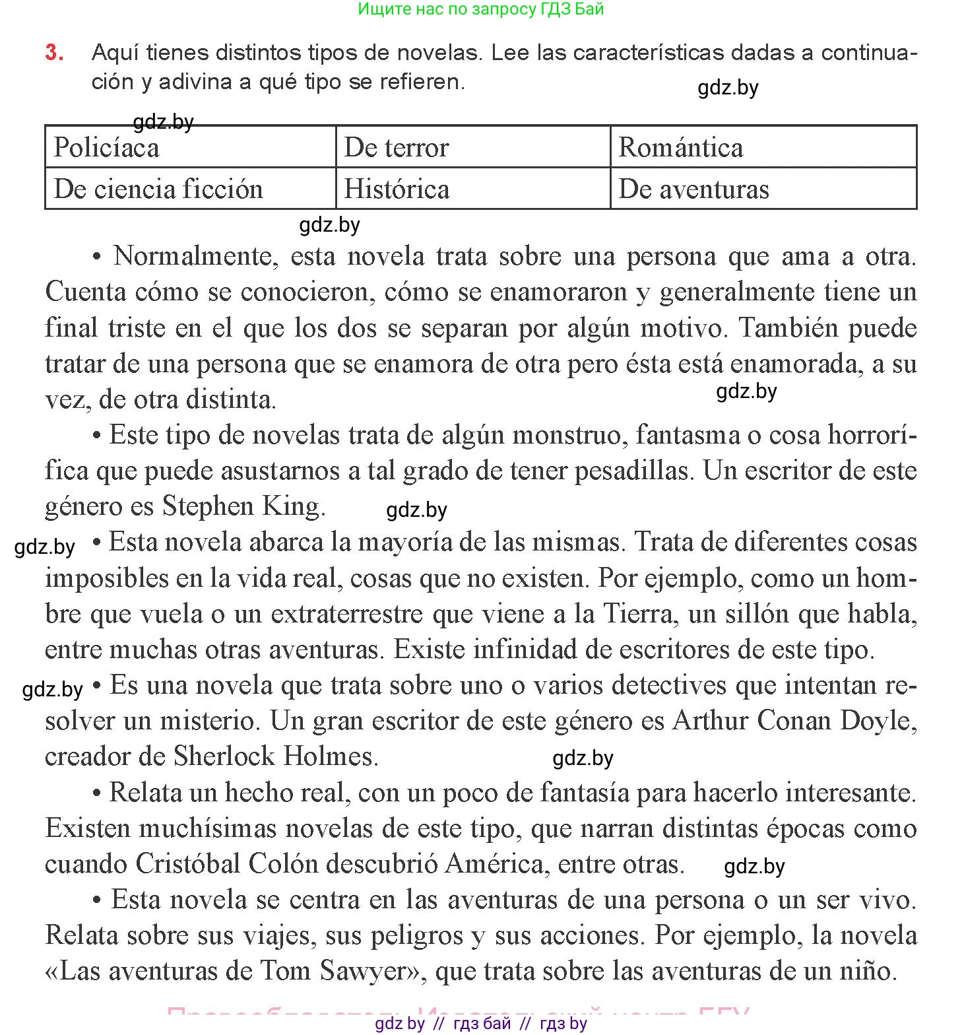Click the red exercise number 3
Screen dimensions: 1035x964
[54, 53]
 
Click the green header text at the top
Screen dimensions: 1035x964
[481, 9]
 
